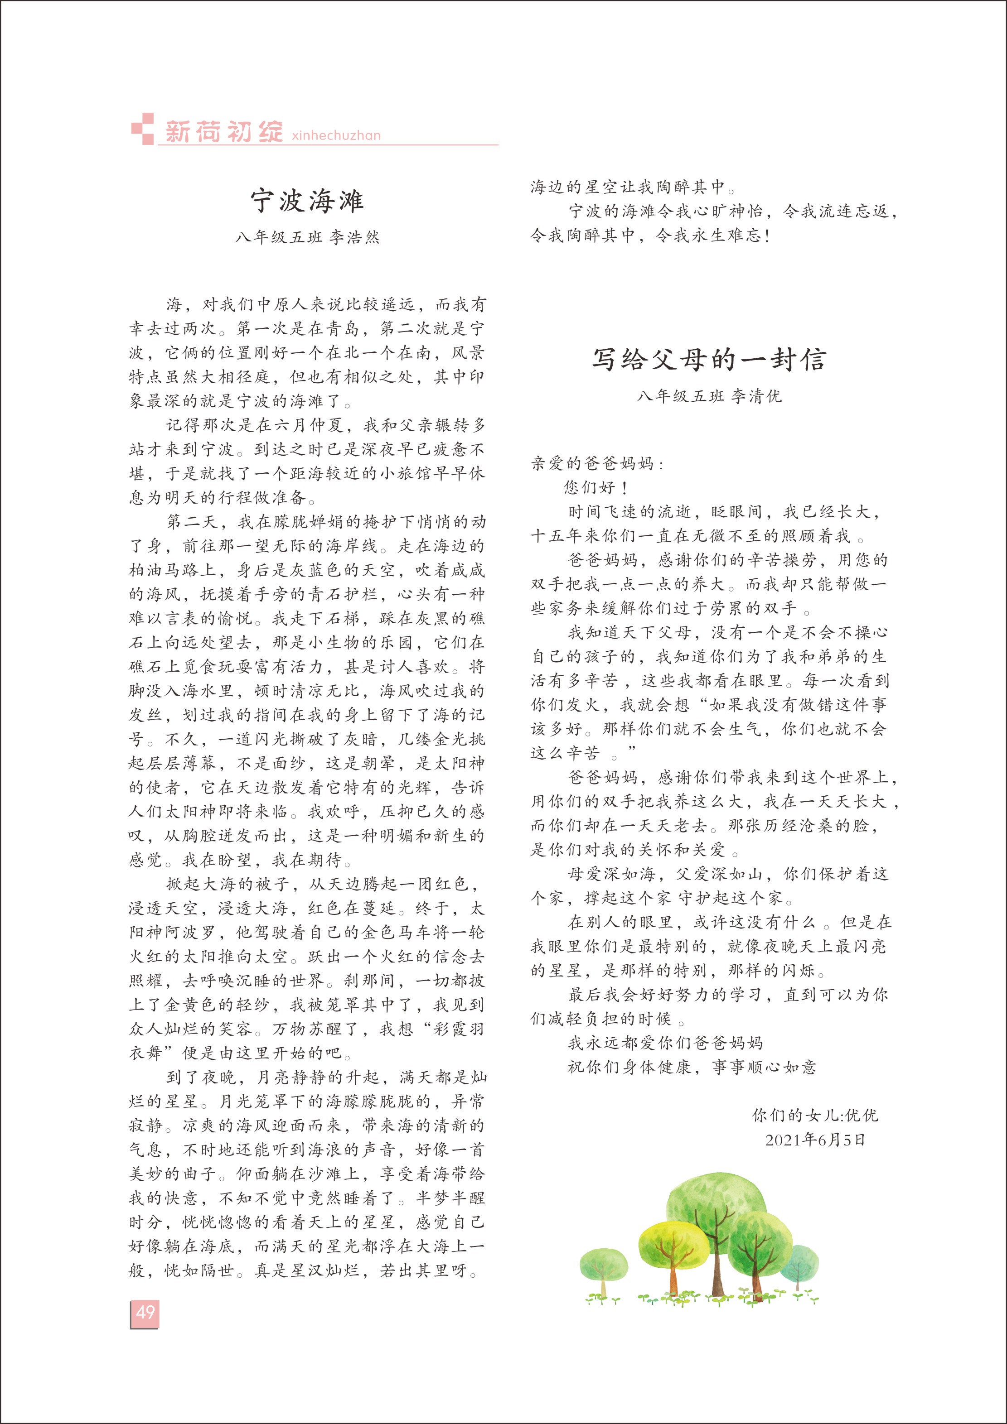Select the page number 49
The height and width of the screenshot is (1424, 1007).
coord(145,1312)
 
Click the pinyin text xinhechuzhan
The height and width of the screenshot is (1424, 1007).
coord(336,135)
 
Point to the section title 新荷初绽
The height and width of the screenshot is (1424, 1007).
coord(224,131)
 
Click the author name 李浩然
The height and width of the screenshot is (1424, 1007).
coord(354,237)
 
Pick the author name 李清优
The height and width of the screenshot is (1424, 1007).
coord(756,396)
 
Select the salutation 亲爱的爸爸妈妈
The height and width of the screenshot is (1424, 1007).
coord(596,463)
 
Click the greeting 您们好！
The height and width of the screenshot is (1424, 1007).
coord(595,487)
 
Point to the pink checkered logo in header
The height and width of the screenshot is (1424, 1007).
coord(142,128)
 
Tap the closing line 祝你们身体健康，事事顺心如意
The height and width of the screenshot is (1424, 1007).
coord(692,1067)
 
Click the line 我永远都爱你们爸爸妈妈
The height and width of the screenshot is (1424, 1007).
coord(665,1043)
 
